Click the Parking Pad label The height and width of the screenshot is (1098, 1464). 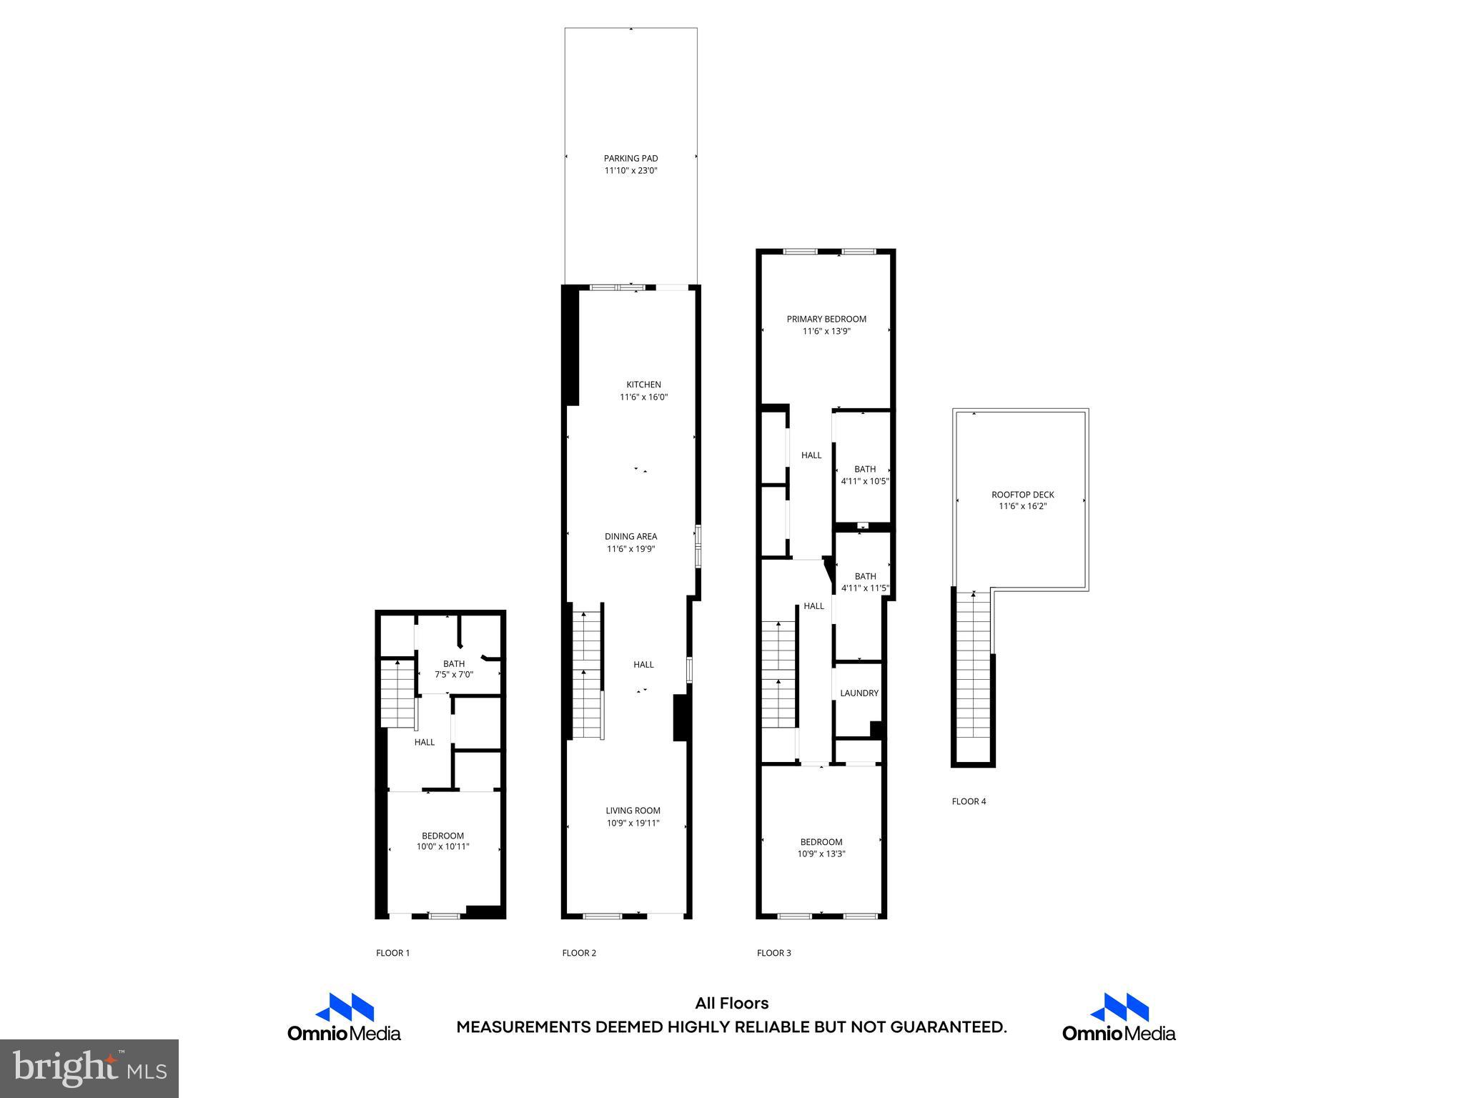click(630, 159)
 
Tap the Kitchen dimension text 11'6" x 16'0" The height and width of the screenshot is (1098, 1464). click(643, 397)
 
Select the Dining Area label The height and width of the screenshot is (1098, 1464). click(630, 537)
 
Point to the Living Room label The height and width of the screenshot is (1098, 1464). click(633, 811)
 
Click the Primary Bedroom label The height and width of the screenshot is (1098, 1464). click(826, 320)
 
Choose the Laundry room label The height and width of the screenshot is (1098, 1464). click(859, 693)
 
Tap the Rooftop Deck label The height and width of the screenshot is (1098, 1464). click(1022, 495)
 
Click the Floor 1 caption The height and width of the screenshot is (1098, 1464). click(393, 953)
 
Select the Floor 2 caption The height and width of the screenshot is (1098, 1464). click(579, 953)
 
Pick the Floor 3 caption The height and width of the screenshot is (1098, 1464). click(774, 953)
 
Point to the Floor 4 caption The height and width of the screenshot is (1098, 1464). click(969, 801)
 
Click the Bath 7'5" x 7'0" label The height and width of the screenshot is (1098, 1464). click(454, 669)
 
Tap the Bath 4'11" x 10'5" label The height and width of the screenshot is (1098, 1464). click(865, 475)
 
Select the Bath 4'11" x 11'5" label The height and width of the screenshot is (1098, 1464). click(865, 583)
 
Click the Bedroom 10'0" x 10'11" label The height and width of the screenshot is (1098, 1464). click(442, 841)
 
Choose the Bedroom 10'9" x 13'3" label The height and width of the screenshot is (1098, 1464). click(821, 848)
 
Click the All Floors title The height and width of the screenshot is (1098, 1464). click(731, 1004)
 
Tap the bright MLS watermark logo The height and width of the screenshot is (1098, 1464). click(89, 1068)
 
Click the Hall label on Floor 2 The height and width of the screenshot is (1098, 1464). click(643, 665)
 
